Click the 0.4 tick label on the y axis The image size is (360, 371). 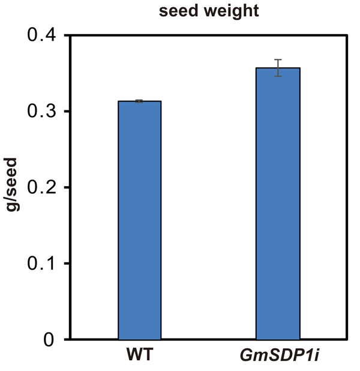point(43,35)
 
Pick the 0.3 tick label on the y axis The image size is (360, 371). point(43,112)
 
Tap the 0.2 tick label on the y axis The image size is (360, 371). point(43,188)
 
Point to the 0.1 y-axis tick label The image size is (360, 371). point(43,264)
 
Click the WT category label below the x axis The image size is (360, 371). point(139,354)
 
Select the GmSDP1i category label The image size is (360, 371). point(278,354)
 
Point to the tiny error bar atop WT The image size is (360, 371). point(139,101)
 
